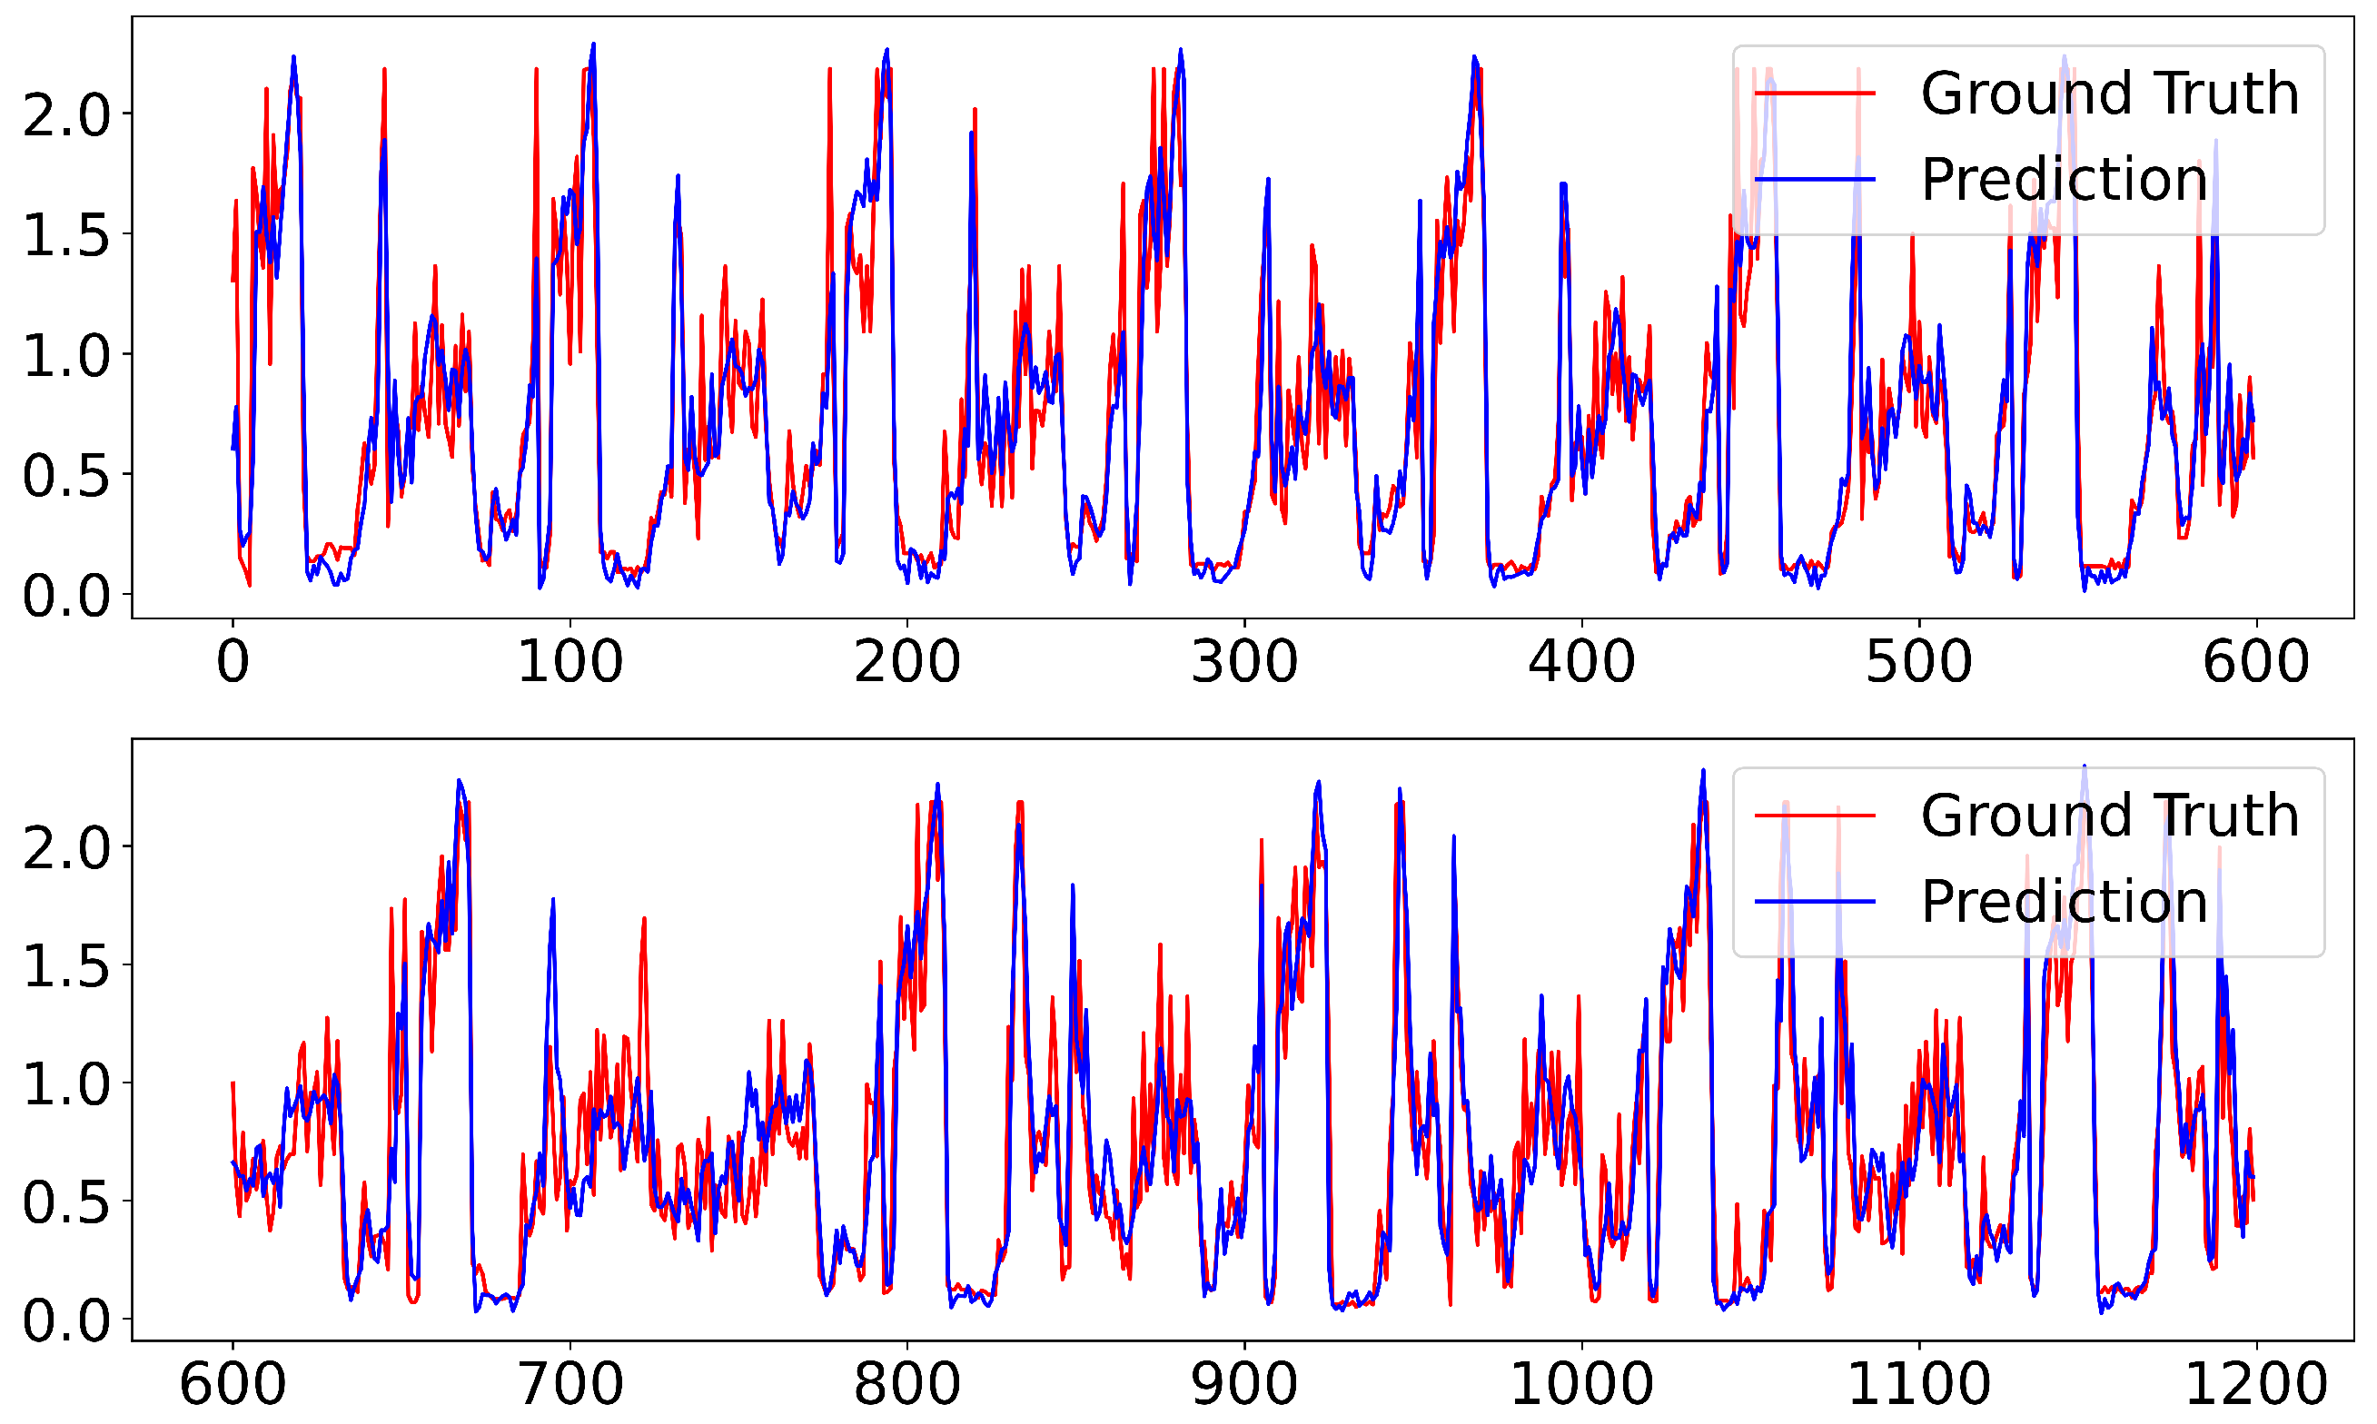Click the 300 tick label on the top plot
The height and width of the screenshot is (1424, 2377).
tap(1243, 662)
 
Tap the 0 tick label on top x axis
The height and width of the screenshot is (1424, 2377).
tap(233, 662)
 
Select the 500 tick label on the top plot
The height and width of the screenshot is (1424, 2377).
tap(1918, 662)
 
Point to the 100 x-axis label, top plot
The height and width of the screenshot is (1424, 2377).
tap(570, 662)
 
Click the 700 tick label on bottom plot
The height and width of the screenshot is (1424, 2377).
tap(570, 1385)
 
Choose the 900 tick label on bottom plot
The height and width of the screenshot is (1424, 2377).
tap(1243, 1385)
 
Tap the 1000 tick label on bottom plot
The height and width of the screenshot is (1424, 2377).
tap(1581, 1385)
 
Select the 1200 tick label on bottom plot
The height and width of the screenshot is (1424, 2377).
tap(2255, 1385)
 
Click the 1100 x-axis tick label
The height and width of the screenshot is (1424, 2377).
tap(1918, 1385)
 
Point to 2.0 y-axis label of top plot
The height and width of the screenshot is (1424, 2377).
tap(66, 115)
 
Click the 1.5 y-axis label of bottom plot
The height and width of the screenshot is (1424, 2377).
tap(66, 965)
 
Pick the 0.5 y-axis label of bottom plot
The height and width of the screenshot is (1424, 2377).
tap(66, 1201)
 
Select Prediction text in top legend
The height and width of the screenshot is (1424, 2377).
tap(2065, 180)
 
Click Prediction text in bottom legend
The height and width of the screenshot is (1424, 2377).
tap(2065, 902)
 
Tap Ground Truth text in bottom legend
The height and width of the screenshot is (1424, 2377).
tap(2109, 816)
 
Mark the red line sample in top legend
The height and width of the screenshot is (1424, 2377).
tap(1815, 93)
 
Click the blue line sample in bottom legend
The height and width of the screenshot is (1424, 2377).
tap(1815, 902)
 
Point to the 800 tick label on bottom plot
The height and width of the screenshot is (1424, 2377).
tap(906, 1385)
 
